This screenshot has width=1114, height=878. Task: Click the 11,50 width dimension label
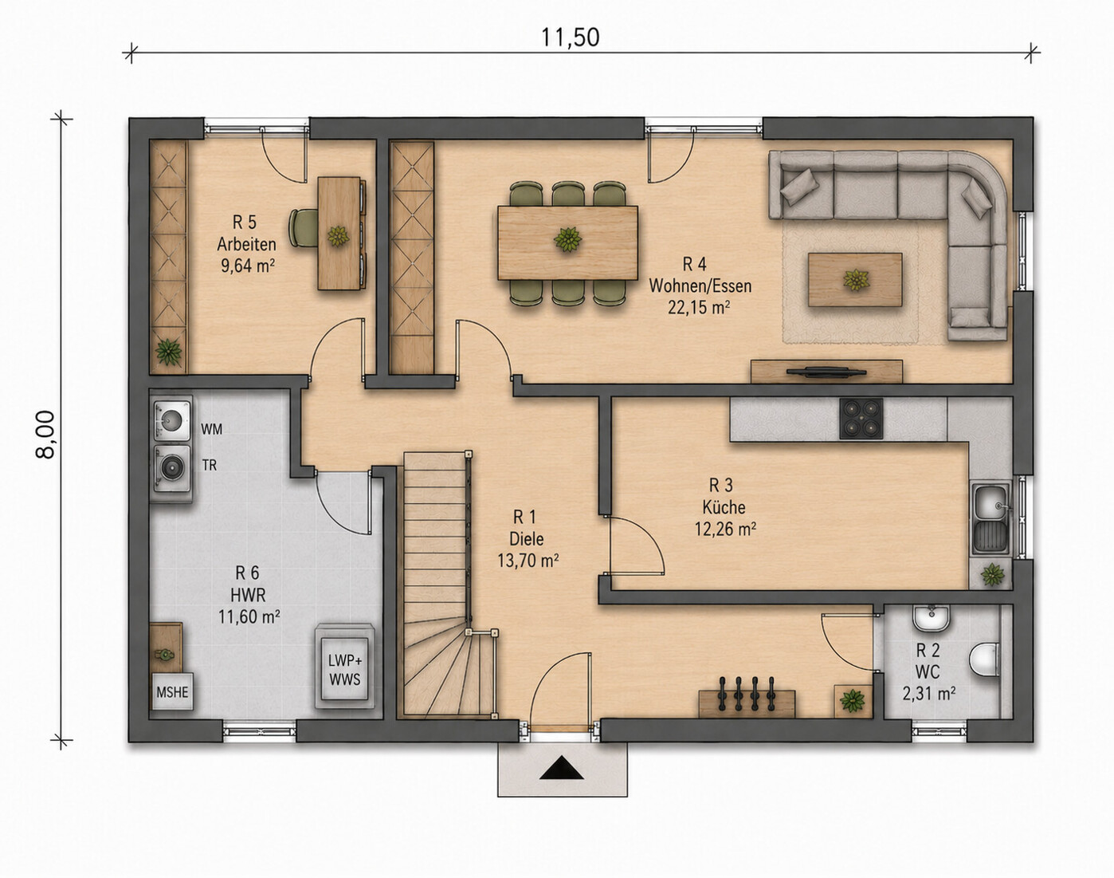pyautogui.click(x=570, y=37)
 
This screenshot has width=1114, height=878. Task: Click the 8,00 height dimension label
pyautogui.click(x=45, y=435)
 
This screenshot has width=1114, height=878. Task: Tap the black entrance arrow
pyautogui.click(x=562, y=767)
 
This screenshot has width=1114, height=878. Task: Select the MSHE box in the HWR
pyautogui.click(x=172, y=691)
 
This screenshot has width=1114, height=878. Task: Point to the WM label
pyautogui.click(x=211, y=429)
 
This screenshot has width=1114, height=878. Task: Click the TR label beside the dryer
pyautogui.click(x=209, y=465)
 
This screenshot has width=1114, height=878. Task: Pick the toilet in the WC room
pyautogui.click(x=984, y=659)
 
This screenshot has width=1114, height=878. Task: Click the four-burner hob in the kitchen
pyautogui.click(x=861, y=419)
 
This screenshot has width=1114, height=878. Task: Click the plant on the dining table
pyautogui.click(x=568, y=240)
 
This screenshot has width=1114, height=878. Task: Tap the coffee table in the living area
pyautogui.click(x=855, y=280)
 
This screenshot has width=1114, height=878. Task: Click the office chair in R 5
pyautogui.click(x=304, y=227)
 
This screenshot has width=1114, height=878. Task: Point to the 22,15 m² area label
pyautogui.click(x=699, y=308)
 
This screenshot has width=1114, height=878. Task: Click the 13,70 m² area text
pyautogui.click(x=528, y=561)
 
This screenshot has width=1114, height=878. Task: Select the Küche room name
pyautogui.click(x=724, y=507)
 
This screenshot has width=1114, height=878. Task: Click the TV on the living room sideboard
pyautogui.click(x=826, y=371)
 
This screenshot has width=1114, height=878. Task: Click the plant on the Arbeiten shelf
pyautogui.click(x=168, y=352)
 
